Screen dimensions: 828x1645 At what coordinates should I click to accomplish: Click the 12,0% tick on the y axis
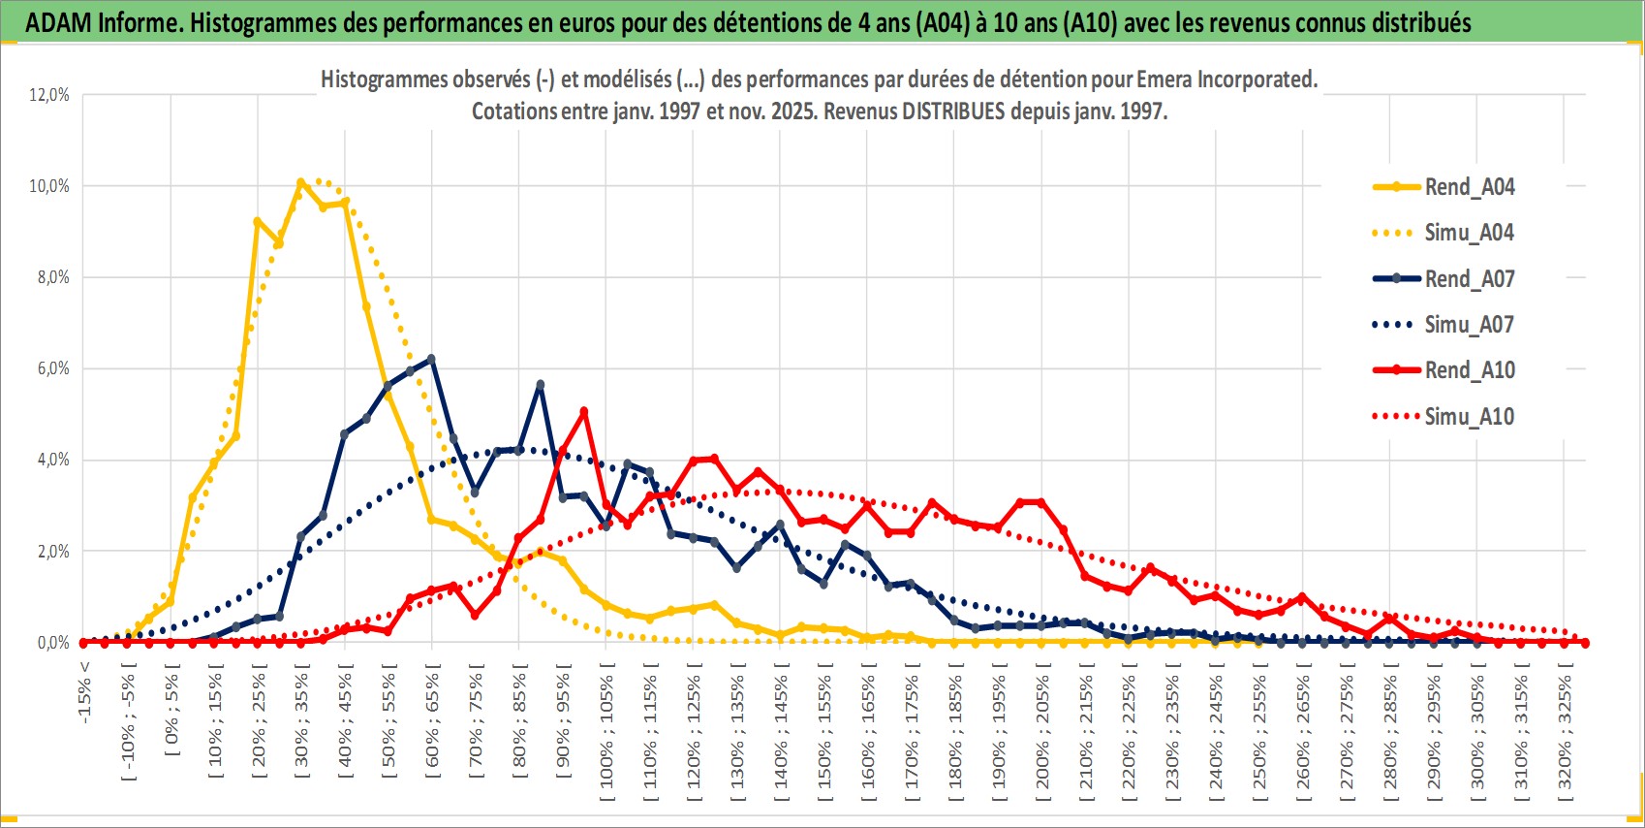pyautogui.click(x=49, y=95)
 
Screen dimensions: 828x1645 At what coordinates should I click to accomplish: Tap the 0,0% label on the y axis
pyautogui.click(x=52, y=643)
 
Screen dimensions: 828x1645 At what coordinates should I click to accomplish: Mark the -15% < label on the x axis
pyautogui.click(x=85, y=692)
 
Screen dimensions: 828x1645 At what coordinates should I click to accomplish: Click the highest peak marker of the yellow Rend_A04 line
pyautogui.click(x=300, y=182)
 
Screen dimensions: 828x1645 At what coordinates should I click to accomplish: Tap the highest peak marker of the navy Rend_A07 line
pyautogui.click(x=431, y=359)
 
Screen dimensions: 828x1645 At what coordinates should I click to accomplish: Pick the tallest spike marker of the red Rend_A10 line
pyautogui.click(x=583, y=411)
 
